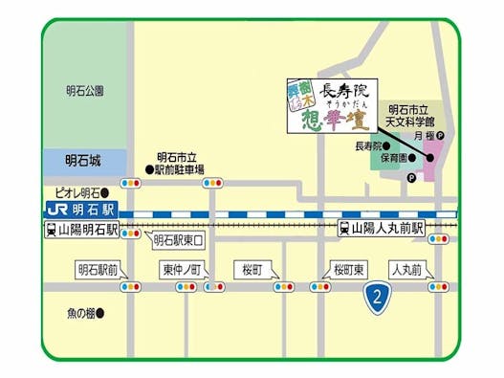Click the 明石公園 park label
click(x=85, y=91)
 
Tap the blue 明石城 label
click(x=82, y=161)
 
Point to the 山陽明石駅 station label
click(x=87, y=231)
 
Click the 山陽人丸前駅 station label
click(x=387, y=230)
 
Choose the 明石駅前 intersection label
click(x=99, y=270)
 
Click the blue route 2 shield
click(x=380, y=298)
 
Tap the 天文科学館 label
click(x=409, y=123)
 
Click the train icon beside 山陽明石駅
click(x=50, y=231)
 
